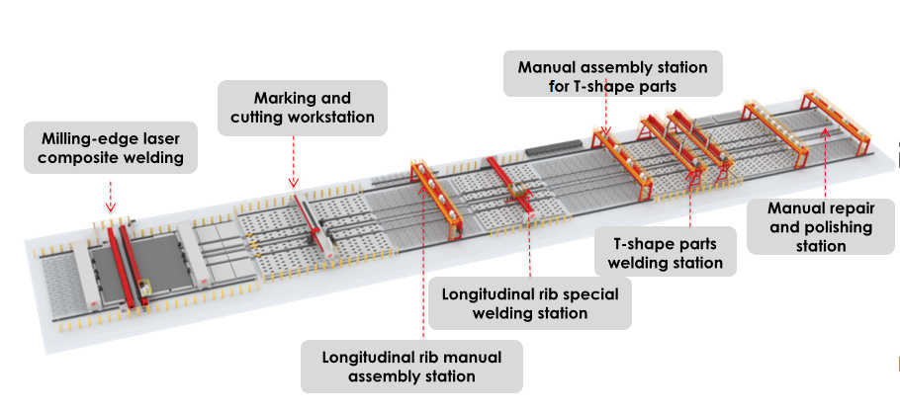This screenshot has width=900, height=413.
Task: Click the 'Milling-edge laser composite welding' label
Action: click(x=110, y=146)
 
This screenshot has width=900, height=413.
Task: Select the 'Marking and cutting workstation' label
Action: click(x=303, y=108)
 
